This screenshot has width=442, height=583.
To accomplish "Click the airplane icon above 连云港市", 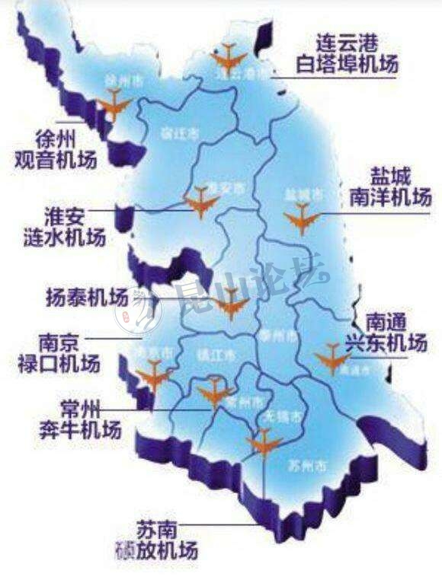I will coord(229,55).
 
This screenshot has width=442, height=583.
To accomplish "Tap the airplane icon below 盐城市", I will coord(303,221).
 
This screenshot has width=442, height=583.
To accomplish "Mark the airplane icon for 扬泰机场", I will coord(230,305).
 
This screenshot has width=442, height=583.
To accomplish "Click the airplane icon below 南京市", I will coord(153,374).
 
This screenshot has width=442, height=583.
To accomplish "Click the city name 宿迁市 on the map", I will coord(179,132).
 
